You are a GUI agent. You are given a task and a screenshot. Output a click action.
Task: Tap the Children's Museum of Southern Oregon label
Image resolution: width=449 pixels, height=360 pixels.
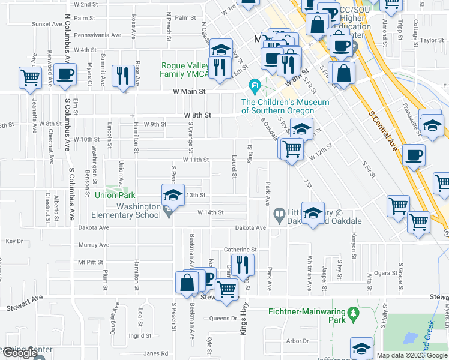click(x=285, y=106)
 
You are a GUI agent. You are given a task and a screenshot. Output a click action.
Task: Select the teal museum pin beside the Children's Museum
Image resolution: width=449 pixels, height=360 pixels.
click(x=255, y=87)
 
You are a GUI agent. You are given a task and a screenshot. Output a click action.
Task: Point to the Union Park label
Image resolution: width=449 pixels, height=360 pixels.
click(x=116, y=195)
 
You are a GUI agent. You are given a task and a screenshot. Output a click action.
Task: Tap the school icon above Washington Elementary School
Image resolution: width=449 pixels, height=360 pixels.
click(x=172, y=194)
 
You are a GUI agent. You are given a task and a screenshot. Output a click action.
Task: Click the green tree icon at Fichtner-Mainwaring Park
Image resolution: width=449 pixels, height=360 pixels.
click(x=354, y=313)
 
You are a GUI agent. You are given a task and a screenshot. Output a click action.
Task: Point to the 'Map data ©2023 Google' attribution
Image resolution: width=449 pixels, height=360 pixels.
click(x=412, y=355)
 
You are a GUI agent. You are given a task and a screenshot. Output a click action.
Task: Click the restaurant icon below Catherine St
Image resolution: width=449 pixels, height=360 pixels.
click(x=243, y=263)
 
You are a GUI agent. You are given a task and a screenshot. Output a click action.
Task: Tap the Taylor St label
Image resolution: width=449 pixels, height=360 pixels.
click(x=431, y=40)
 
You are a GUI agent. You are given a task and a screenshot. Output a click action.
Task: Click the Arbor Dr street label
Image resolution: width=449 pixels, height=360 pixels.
click(x=297, y=341)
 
